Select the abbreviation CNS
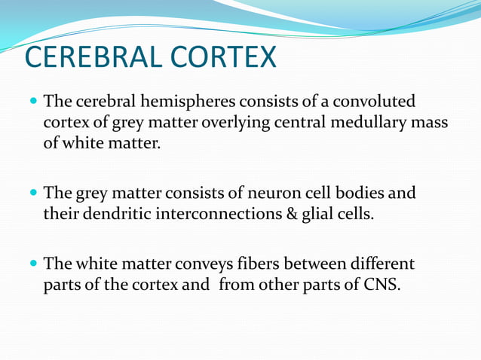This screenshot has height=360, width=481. tap(378, 285)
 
